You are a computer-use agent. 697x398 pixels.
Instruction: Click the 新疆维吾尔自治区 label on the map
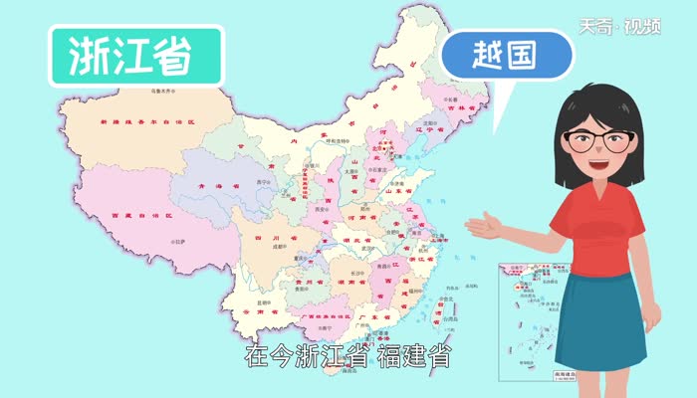149,121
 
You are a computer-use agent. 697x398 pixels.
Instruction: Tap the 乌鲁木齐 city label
156,90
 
